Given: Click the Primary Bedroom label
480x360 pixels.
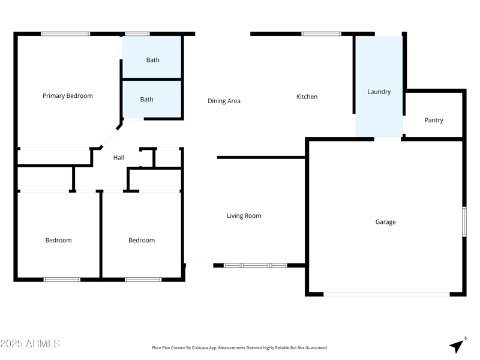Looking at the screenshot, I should click(68, 95).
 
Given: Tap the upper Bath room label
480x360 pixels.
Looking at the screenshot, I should click(153, 60).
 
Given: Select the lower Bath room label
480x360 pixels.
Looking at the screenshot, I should click(147, 100).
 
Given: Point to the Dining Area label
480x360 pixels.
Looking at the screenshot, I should click(224, 101).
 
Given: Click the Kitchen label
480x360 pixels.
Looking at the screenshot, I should click(307, 97).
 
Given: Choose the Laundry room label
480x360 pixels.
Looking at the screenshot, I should click(379, 92).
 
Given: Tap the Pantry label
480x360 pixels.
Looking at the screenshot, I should click(434, 120).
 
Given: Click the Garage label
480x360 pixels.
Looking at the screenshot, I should click(385, 222).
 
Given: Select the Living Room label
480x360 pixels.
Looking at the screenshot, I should click(244, 216).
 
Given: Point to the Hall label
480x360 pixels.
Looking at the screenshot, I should click(119, 158).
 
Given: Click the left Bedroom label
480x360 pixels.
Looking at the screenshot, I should click(58, 240).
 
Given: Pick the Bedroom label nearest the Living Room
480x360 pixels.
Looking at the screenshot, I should click(142, 240).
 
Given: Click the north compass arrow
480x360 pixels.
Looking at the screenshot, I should click(458, 345).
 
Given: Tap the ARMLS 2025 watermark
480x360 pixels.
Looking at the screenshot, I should click(30, 344).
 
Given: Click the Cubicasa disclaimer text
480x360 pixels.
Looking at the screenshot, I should click(240, 347).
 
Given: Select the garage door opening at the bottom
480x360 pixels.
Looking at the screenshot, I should click(386, 294).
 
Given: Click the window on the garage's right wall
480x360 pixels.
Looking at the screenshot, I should click(464, 221).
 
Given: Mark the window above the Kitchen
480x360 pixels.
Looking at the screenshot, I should click(321, 34).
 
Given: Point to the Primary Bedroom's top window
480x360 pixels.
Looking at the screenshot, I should click(65, 34).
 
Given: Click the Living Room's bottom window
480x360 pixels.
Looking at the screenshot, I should click(255, 265).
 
